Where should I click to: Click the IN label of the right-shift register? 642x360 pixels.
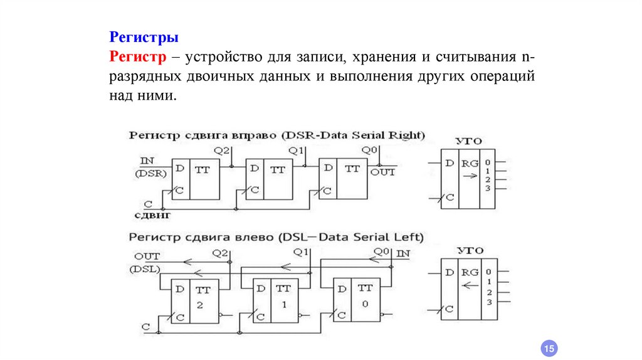(148, 161)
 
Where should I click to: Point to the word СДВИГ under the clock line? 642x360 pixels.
(153, 214)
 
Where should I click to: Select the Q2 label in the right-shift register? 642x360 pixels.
(222, 151)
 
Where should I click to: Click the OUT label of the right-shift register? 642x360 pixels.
(382, 172)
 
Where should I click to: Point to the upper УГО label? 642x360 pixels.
(470, 142)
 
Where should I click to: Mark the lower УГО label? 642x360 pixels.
(470, 250)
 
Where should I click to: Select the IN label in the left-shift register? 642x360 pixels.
(404, 253)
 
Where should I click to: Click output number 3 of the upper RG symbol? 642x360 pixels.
(487, 189)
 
